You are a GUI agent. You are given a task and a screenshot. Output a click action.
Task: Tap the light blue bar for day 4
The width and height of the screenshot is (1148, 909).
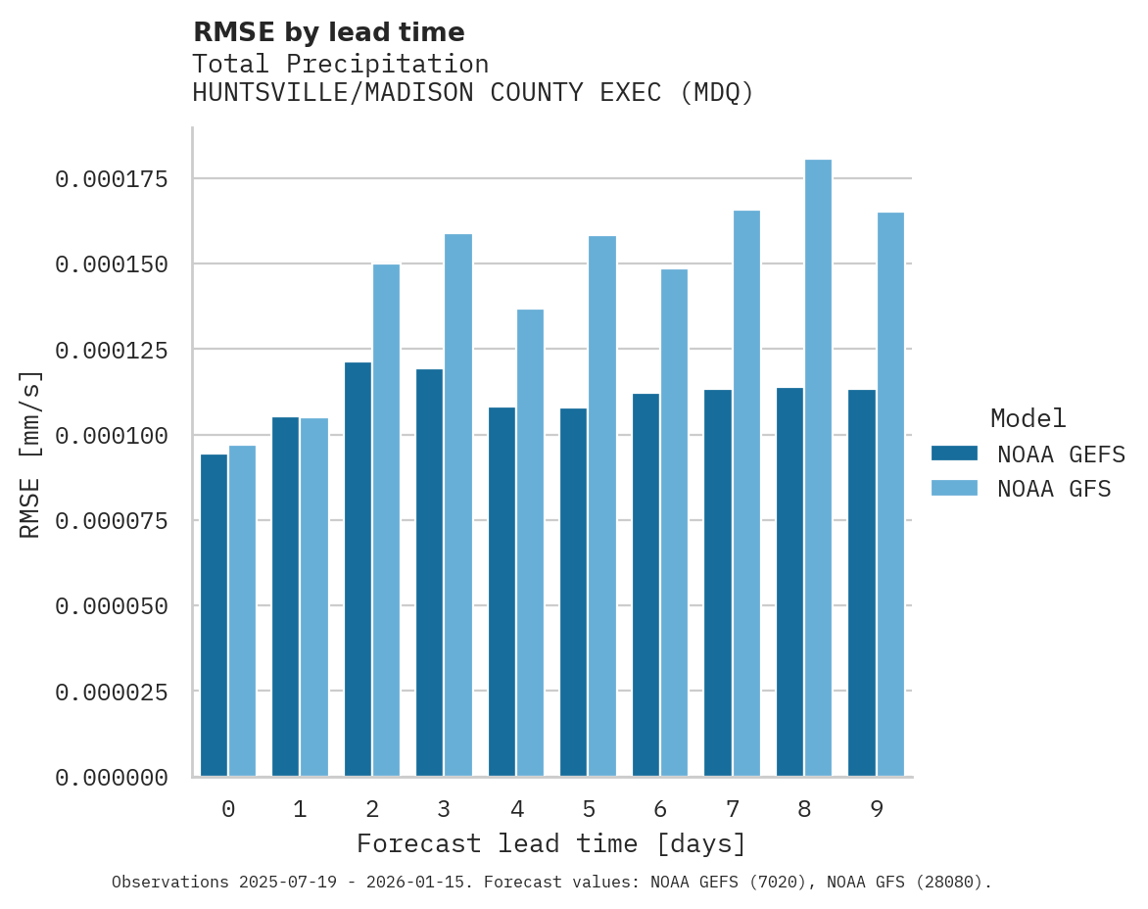click(x=530, y=543)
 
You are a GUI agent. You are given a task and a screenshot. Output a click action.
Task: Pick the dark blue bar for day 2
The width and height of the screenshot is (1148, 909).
click(x=358, y=569)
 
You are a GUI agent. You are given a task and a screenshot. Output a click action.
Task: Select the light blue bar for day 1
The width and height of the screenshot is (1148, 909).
click(x=314, y=598)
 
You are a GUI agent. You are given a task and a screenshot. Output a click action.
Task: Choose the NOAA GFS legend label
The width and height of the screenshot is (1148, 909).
click(x=1054, y=488)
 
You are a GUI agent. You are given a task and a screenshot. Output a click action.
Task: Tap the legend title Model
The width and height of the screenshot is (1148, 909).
click(x=1028, y=418)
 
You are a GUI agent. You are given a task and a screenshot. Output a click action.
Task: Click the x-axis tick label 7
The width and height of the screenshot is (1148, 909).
click(x=732, y=809)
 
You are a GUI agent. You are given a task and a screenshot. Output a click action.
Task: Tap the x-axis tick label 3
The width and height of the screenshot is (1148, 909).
click(x=444, y=809)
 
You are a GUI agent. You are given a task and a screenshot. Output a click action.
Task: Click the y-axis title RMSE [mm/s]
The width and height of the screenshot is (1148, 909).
click(x=30, y=454)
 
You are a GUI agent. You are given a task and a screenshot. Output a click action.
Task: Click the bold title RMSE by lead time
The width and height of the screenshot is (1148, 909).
click(x=328, y=32)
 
